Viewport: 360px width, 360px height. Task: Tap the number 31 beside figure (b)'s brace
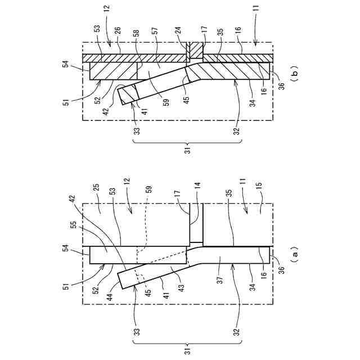pos(188,150)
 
